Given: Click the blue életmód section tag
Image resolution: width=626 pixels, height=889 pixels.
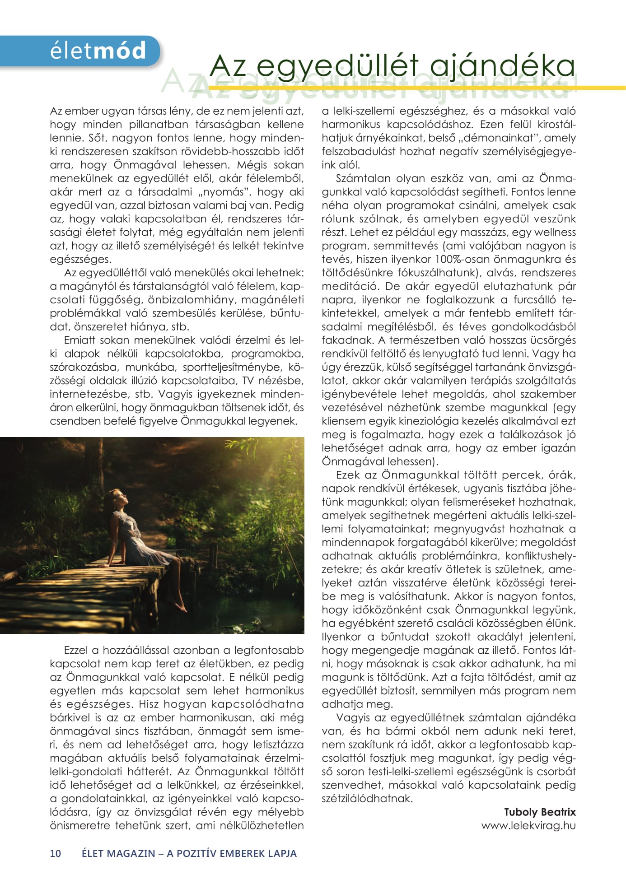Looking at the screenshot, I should tap(97, 51).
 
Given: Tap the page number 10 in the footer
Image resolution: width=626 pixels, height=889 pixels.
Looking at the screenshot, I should tap(56, 853).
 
